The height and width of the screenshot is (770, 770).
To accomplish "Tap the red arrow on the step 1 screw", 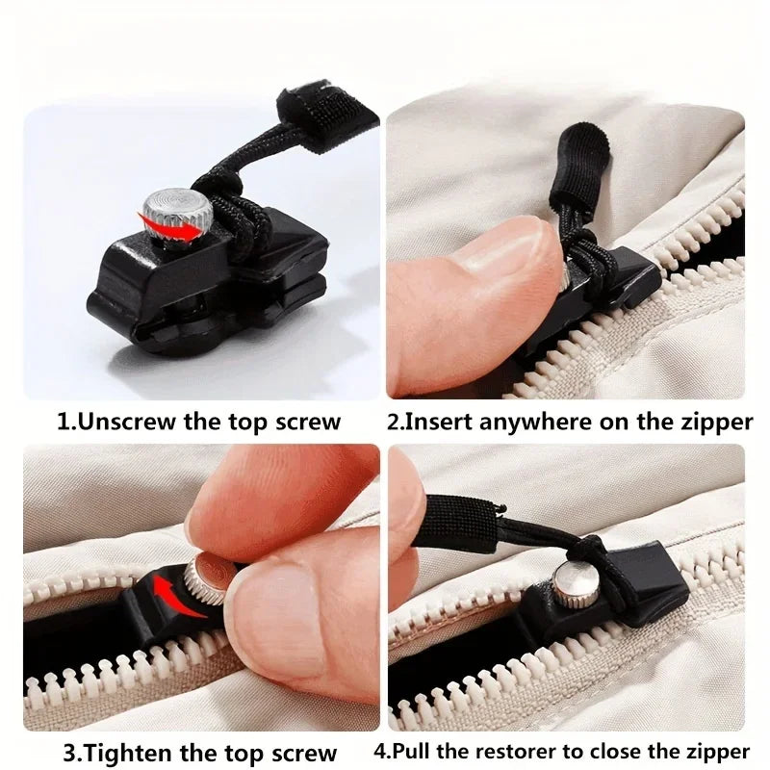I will [176, 224].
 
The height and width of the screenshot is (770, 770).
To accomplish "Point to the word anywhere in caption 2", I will [526, 422].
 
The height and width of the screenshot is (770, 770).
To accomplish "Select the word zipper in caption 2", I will [711, 422].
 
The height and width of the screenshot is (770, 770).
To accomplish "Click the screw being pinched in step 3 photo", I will [208, 577].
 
